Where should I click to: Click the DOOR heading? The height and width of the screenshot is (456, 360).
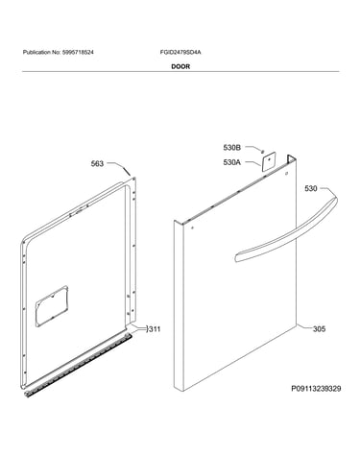pos(180,66)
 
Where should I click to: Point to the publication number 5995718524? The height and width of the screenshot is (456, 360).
pos(78,52)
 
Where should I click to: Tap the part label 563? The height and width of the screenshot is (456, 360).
pos(97,164)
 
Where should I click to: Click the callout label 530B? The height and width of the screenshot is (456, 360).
pos(232,148)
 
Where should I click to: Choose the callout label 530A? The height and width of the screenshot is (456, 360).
pos(232,162)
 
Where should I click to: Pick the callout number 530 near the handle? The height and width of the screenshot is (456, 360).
pos(311,189)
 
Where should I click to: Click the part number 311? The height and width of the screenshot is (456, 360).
pos(155,329)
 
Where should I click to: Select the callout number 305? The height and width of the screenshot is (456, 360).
pos(319,329)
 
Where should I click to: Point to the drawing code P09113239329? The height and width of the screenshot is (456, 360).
pos(316,389)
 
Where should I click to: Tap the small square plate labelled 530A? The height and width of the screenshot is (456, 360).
pos(269,160)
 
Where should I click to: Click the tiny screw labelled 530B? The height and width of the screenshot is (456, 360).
pos(263,152)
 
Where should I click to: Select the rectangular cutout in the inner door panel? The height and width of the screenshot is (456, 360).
pos(52,306)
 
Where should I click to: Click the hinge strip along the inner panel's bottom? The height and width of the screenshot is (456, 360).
pos(79,366)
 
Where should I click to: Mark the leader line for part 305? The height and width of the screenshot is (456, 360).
pos(303,327)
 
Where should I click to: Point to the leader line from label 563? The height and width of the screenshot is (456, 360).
pos(119,167)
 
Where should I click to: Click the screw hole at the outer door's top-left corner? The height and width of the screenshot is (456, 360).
pos(192,228)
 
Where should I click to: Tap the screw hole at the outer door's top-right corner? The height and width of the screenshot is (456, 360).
pos(286,174)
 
